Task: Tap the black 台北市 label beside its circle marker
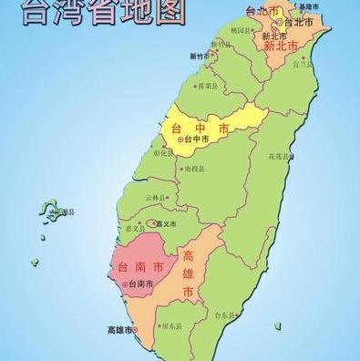300,22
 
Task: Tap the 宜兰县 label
303,64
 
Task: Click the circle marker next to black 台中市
180,139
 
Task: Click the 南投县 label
195,169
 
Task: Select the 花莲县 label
279,157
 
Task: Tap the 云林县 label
157,197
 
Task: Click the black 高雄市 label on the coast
119,329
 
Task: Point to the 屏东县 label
170,326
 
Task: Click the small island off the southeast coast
278,325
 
